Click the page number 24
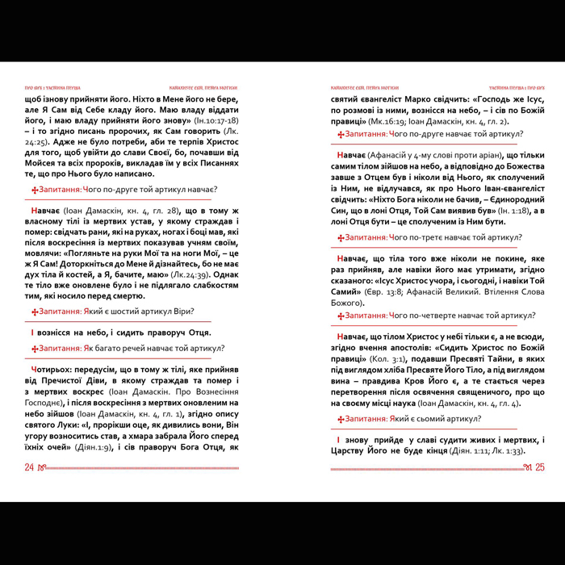[x=29, y=467]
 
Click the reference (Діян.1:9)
[x=104, y=446]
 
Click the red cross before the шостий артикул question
[x=34, y=312]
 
